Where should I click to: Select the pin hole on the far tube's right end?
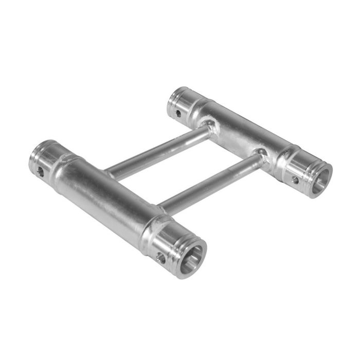(x=295, y=180)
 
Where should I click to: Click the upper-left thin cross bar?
(x=154, y=152)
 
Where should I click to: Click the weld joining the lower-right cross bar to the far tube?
(x=261, y=153)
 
